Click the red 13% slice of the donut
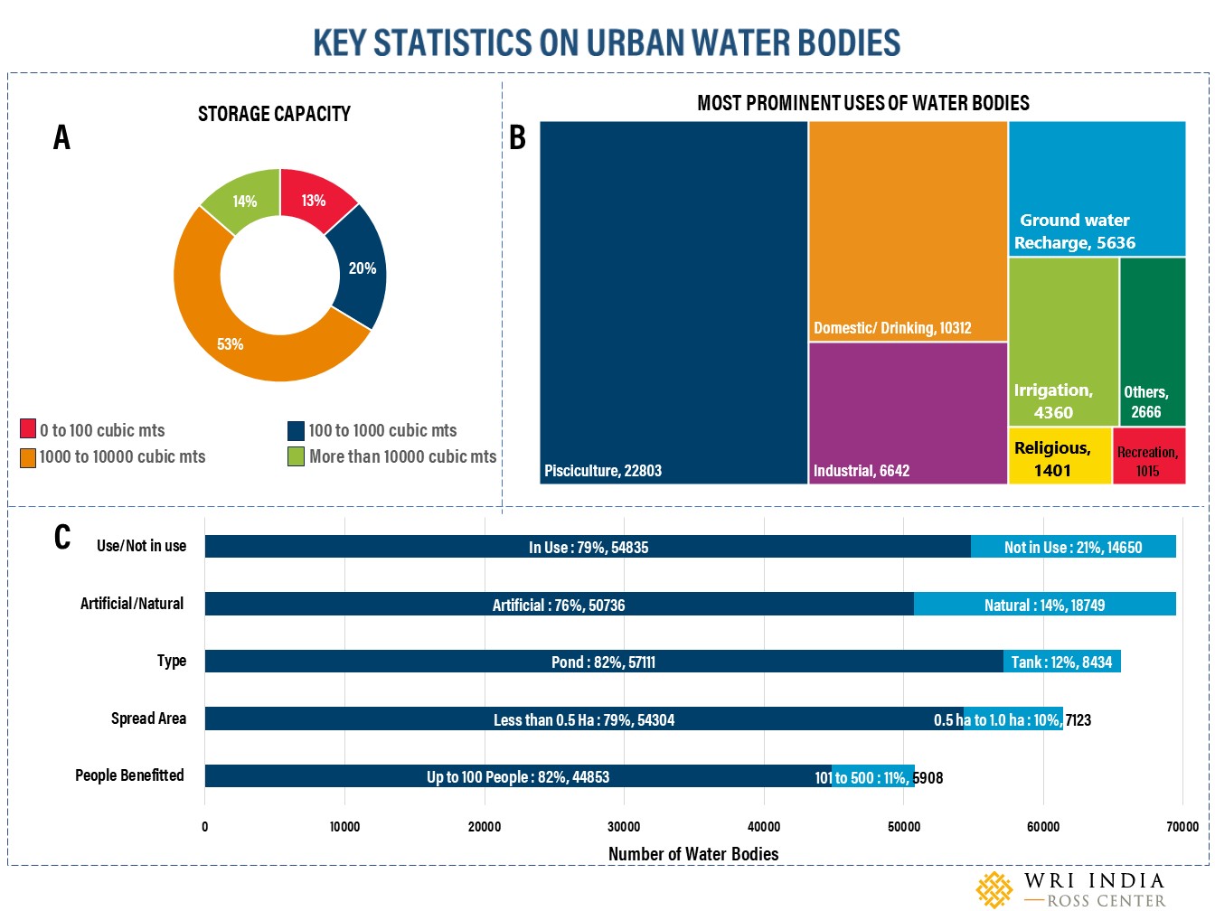tap(314, 201)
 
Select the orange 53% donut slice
tap(230, 343)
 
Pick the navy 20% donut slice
tap(361, 268)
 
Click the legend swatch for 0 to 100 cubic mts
tap(28, 428)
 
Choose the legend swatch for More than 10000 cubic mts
tap(296, 456)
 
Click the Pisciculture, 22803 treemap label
tap(603, 471)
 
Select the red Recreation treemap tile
tap(1148, 460)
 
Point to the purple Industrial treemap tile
tap(908, 413)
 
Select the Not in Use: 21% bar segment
tap(1073, 547)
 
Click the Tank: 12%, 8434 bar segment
tap(1061, 662)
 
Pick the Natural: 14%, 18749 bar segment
tap(1044, 605)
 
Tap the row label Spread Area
tap(148, 718)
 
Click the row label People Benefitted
tap(129, 775)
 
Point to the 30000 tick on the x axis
tap(624, 826)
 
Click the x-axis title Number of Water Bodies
tap(693, 854)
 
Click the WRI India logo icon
tap(994, 889)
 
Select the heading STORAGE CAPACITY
tap(274, 114)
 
